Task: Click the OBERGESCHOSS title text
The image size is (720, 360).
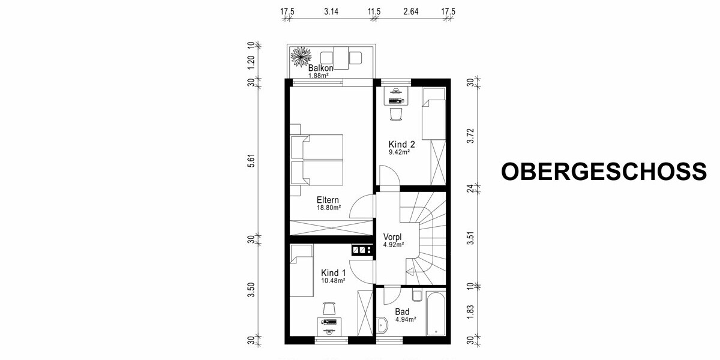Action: [x=604, y=172]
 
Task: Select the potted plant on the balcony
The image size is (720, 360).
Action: [x=299, y=56]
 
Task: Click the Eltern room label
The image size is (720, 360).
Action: [x=328, y=200]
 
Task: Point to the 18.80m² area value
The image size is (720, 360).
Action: [x=329, y=208]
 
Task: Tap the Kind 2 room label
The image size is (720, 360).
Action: [x=402, y=144]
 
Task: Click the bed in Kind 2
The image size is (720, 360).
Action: [x=433, y=114]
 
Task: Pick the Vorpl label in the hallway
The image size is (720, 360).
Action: [x=394, y=236]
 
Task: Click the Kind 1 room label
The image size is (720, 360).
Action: [x=334, y=272]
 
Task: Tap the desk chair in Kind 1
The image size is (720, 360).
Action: [x=329, y=308]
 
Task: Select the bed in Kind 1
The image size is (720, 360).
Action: [x=302, y=270]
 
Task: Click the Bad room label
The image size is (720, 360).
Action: [x=402, y=312]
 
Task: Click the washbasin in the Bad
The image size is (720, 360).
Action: [x=384, y=325]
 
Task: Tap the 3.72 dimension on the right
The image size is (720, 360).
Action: [x=471, y=136]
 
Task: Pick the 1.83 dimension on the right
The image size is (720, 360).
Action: [x=471, y=313]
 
